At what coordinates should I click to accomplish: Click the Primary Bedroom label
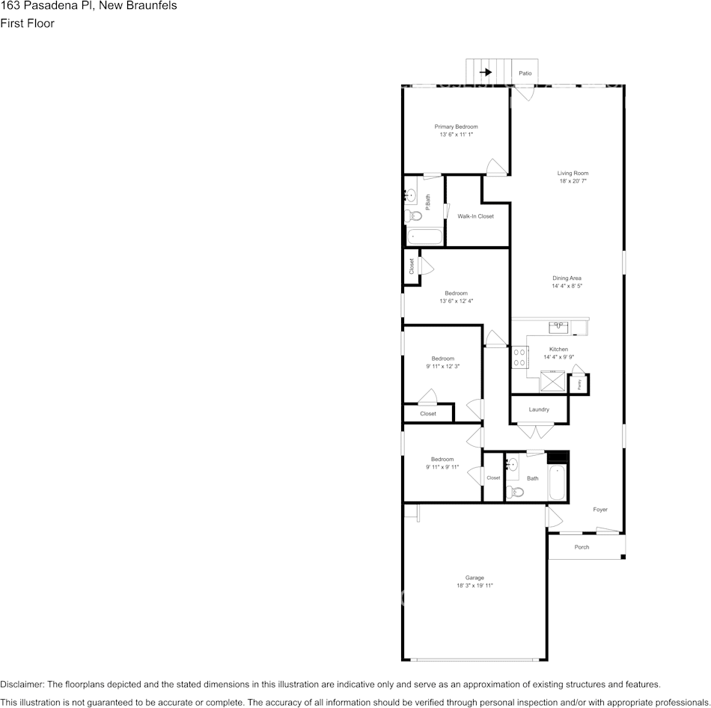457,126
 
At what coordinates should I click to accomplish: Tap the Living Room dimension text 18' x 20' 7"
573,181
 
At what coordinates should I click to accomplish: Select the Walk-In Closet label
476,216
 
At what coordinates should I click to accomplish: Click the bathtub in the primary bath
424,236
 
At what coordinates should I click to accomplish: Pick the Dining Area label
567,278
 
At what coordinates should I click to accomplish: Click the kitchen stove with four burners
518,356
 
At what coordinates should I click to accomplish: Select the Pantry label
579,384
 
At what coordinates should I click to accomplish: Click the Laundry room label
539,409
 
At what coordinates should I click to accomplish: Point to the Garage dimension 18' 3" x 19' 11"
474,586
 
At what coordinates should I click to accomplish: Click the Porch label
582,547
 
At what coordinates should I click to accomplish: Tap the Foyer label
600,510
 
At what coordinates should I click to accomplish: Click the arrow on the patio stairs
486,73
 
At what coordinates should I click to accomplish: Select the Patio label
525,73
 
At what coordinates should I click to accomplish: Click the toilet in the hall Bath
514,492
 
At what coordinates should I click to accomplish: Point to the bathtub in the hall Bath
558,483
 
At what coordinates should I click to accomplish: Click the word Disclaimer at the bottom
22,684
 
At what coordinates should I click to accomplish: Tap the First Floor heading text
28,23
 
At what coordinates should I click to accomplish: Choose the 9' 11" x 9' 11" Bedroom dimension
442,467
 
